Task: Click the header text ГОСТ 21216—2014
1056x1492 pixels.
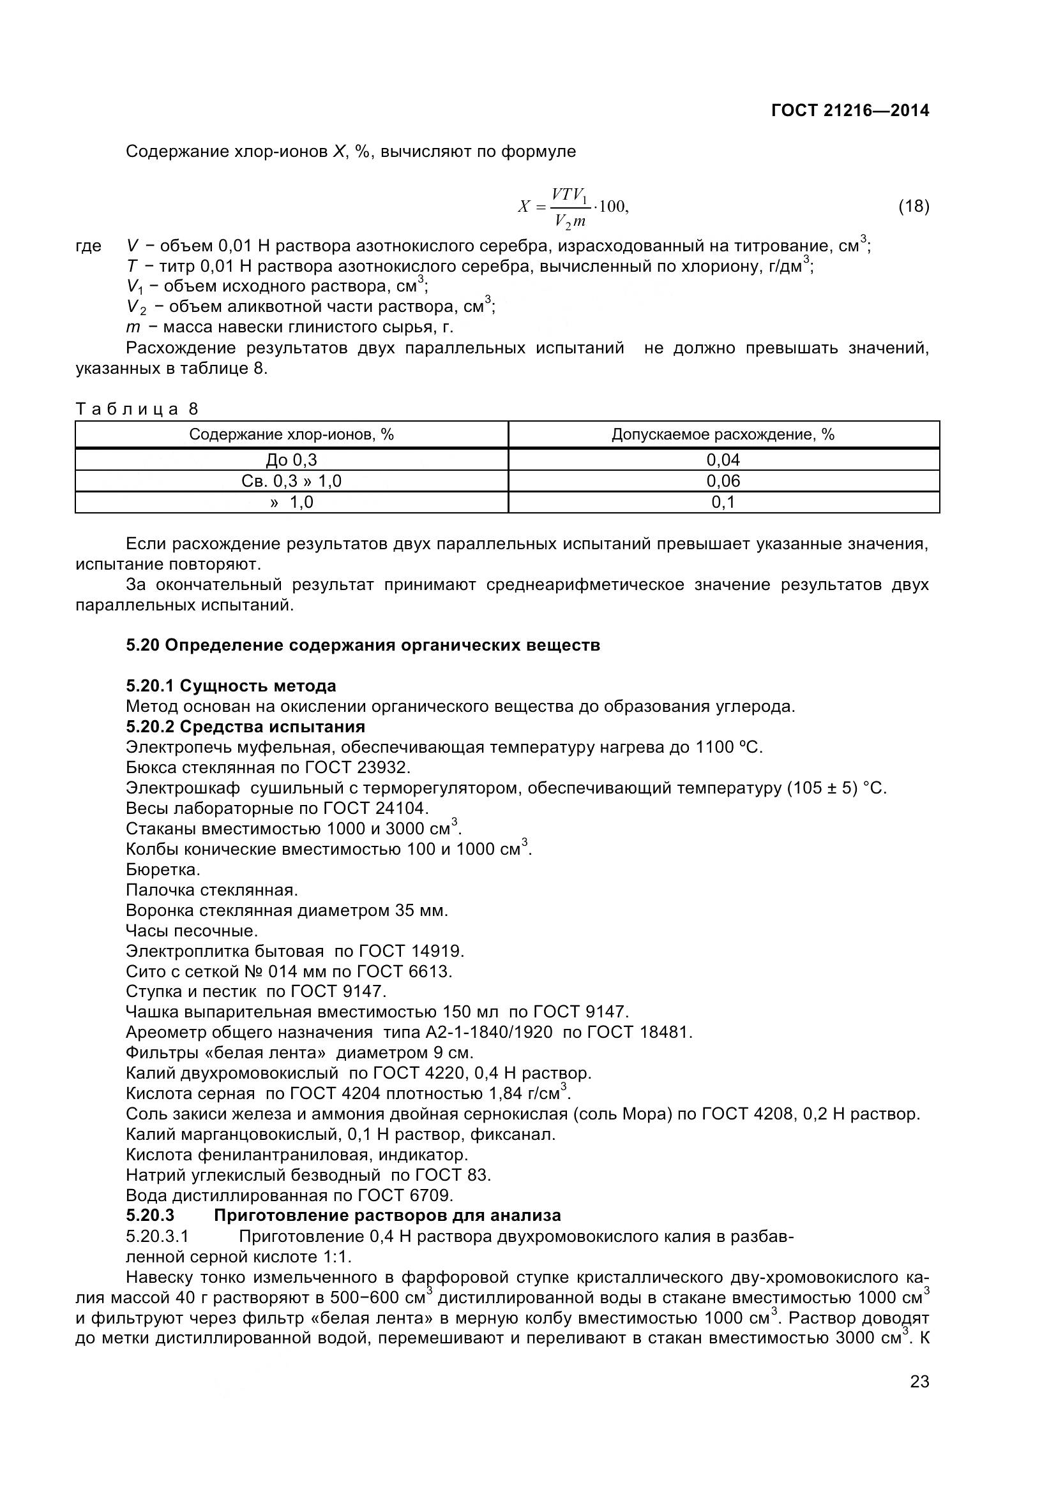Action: (850, 110)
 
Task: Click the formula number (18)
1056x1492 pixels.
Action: (914, 207)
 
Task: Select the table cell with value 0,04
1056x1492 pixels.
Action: (723, 460)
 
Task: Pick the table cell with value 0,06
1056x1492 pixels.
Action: (723, 481)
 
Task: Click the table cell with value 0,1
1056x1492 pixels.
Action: (723, 501)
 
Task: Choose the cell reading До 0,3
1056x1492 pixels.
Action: (291, 460)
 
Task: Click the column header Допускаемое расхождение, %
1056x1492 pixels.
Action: (723, 434)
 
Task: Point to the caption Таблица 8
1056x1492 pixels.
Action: (137, 409)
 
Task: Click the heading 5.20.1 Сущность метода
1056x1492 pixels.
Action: (231, 686)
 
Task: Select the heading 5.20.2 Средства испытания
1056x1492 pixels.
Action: (245, 726)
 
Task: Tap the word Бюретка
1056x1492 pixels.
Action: (163, 869)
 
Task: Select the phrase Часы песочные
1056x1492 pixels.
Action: (192, 931)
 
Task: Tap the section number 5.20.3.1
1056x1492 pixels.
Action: (157, 1236)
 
